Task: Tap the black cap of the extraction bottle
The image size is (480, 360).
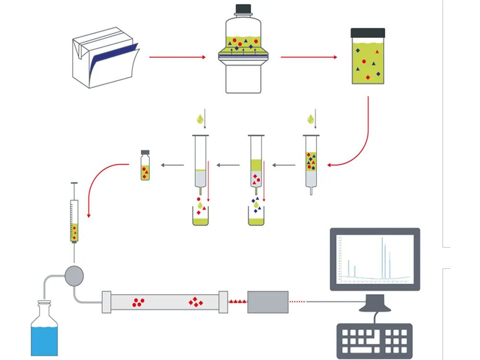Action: tap(243, 9)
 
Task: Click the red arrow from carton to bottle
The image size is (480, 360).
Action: tap(177, 57)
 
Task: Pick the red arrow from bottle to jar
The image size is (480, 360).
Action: tap(309, 57)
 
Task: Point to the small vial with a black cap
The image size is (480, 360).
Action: tap(144, 166)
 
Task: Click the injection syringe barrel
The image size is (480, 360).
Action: tap(74, 221)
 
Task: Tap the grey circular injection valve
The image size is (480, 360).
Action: tap(74, 275)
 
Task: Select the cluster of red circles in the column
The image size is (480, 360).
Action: tap(138, 302)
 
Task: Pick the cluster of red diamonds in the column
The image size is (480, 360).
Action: tap(195, 302)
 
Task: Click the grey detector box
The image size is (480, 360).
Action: tap(268, 302)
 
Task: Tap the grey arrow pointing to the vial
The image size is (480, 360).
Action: tap(172, 165)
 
